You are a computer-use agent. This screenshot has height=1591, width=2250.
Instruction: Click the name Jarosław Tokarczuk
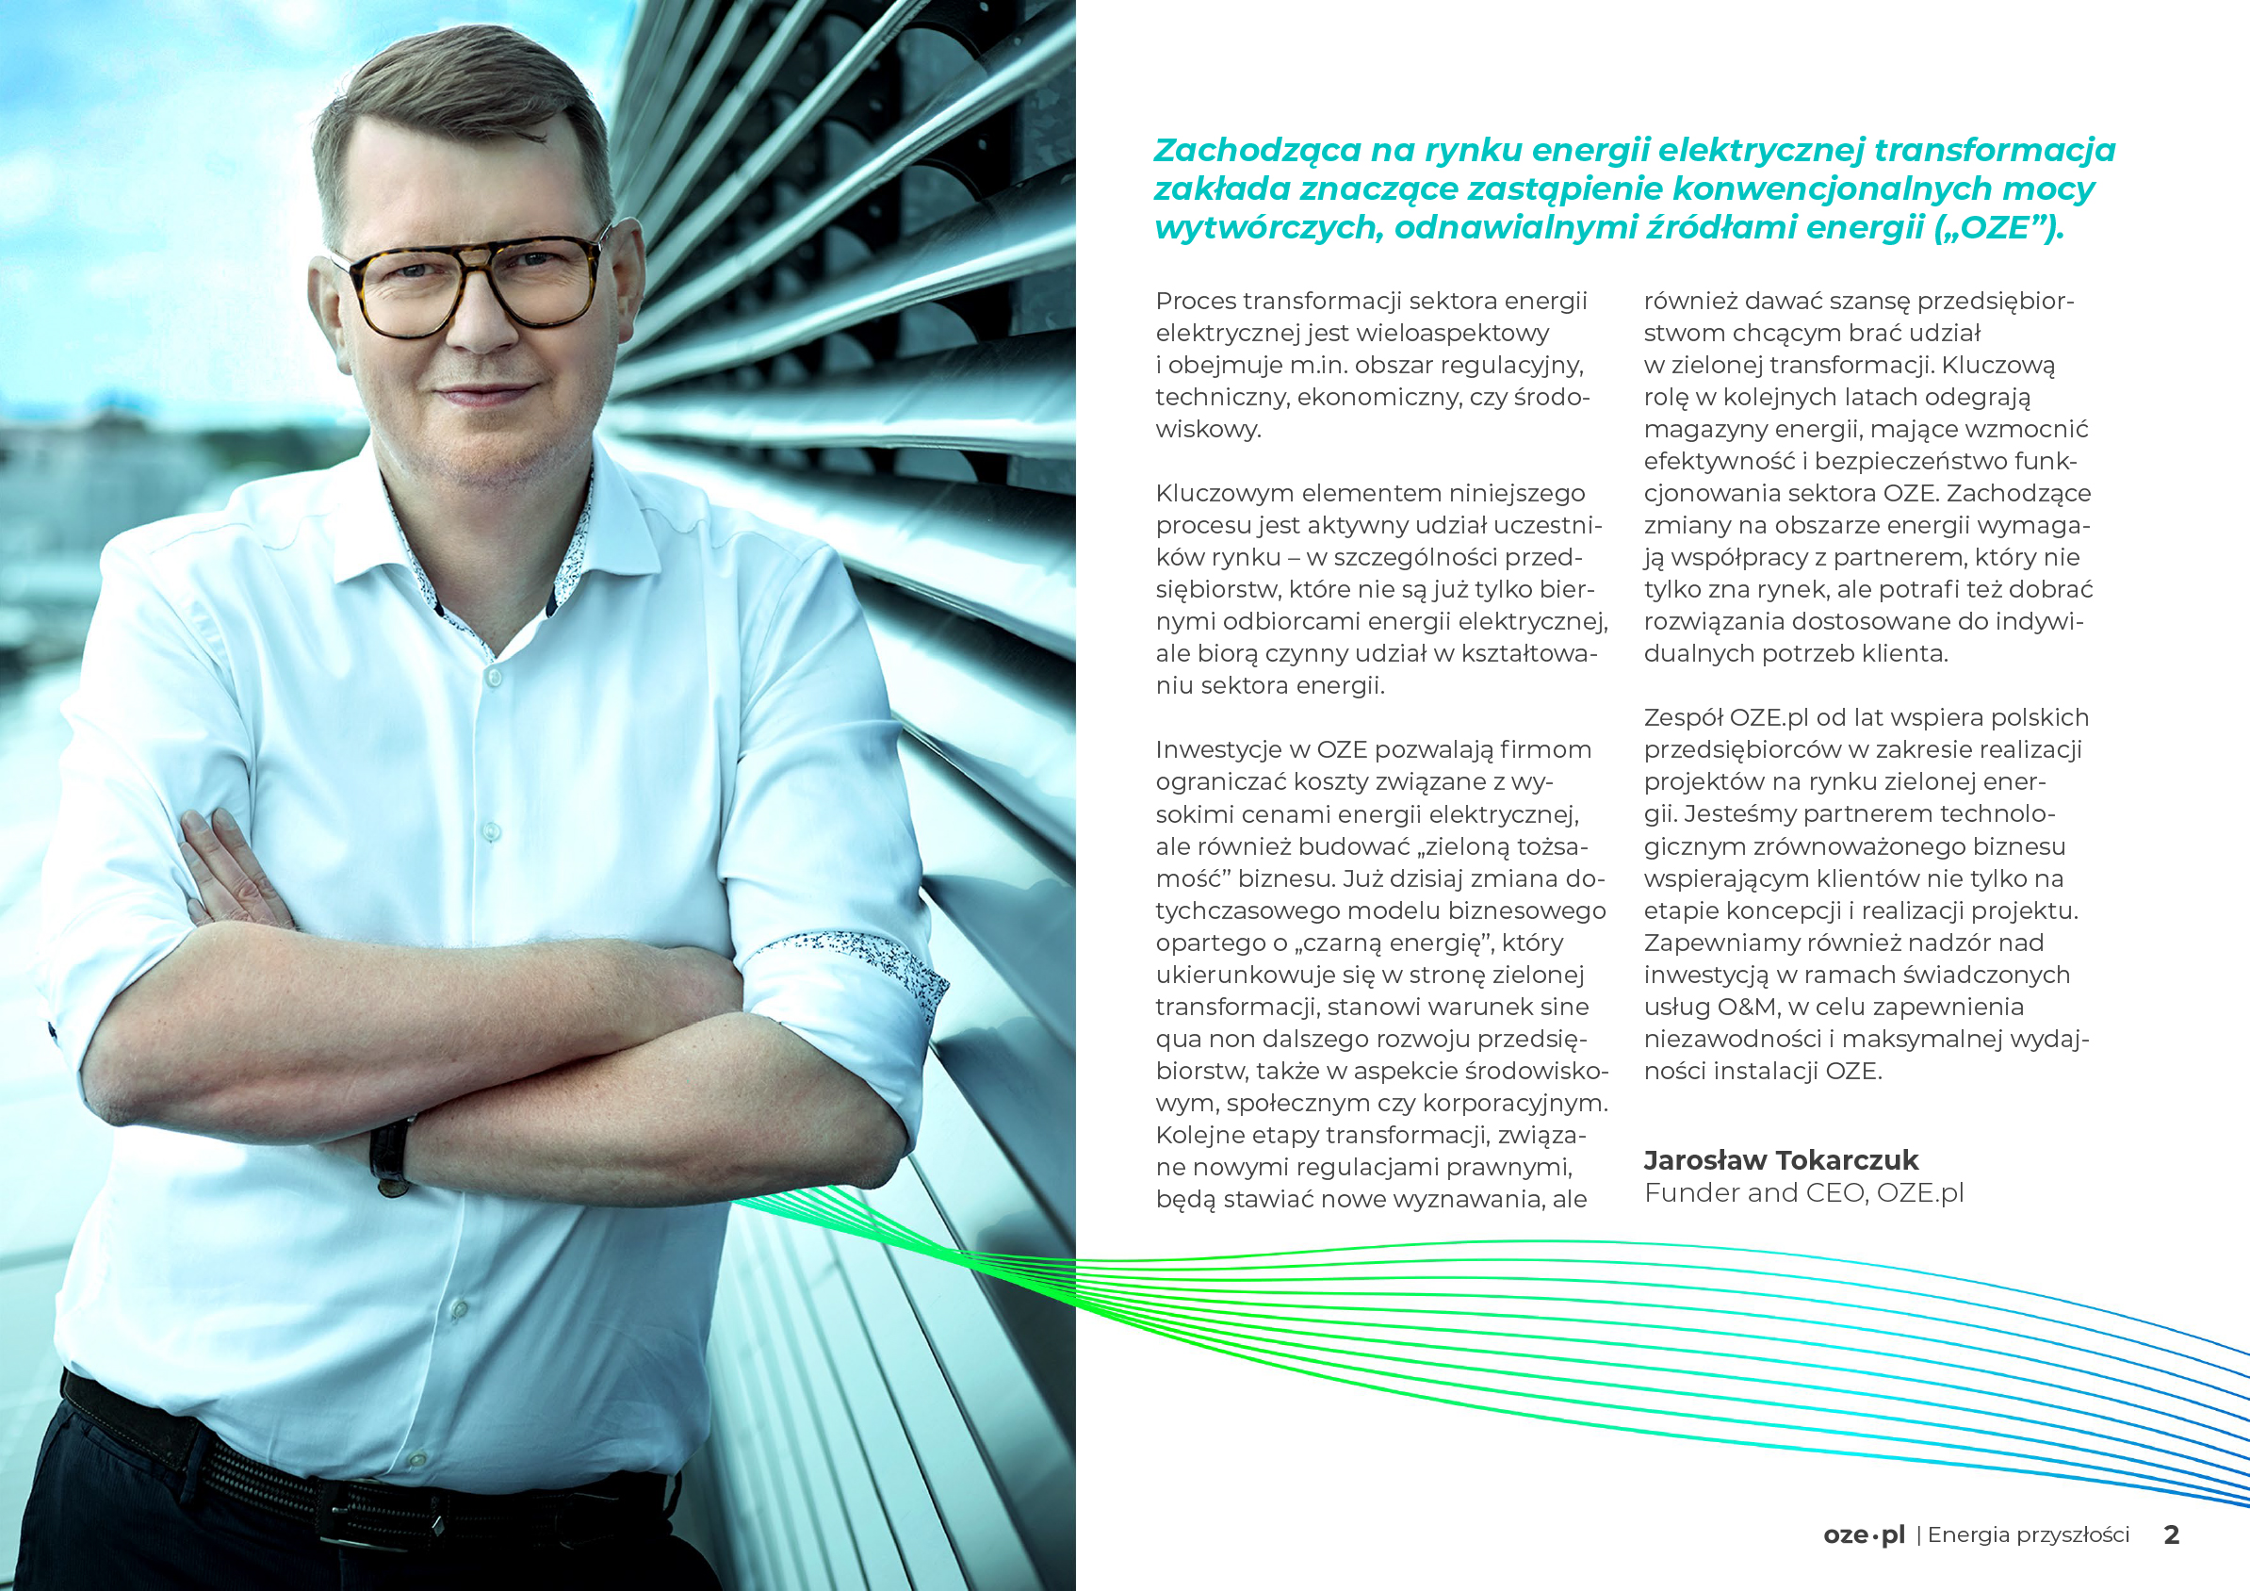click(1780, 1160)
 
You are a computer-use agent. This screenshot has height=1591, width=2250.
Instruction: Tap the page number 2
click(2172, 1534)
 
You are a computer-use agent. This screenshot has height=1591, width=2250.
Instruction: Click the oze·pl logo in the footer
click(1864, 1535)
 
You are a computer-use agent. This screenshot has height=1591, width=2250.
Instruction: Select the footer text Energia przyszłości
click(2029, 1534)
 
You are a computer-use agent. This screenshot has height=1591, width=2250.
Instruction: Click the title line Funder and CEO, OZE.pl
click(1803, 1193)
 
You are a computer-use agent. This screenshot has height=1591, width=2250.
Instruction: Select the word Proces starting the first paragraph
click(1195, 301)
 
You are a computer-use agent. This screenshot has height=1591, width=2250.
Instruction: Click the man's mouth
click(485, 394)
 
